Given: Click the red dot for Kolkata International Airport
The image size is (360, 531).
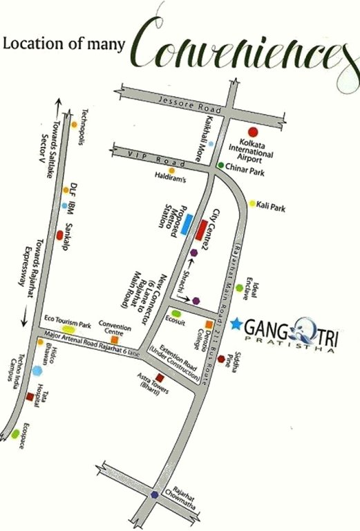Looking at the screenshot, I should (x=253, y=131).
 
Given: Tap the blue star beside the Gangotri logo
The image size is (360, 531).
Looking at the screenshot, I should (x=236, y=323).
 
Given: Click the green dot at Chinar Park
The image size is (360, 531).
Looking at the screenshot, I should (x=220, y=165).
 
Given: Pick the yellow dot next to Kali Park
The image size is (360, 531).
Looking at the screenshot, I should (x=252, y=203).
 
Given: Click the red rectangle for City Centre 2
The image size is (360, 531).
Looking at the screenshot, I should (x=201, y=227).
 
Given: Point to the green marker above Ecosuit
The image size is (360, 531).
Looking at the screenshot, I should (x=177, y=315).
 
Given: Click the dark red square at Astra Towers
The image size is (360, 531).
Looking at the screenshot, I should (x=160, y=378).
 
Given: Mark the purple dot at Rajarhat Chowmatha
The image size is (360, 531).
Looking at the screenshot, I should (x=153, y=494).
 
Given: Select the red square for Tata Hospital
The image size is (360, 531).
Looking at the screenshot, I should (x=30, y=397).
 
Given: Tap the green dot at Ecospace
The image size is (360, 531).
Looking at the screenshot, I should (x=15, y=434).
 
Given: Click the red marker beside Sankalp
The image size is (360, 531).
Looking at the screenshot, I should (x=59, y=235).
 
